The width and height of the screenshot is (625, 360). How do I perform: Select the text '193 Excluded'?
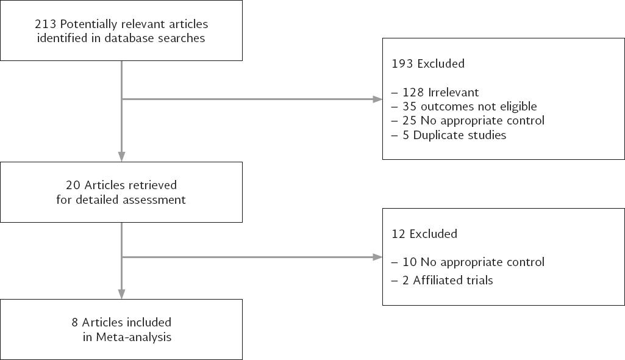click(x=428, y=63)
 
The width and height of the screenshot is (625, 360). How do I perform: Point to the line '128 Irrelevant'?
click(x=440, y=92)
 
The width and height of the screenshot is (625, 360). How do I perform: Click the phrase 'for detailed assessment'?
click(x=121, y=200)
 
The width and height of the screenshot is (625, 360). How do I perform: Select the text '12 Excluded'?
click(x=424, y=234)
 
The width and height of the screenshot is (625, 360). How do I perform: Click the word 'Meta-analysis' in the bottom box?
click(x=133, y=337)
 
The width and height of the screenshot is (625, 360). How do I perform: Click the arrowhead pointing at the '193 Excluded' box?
click(x=377, y=99)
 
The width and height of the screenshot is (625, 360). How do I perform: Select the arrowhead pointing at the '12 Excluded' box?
click(x=377, y=257)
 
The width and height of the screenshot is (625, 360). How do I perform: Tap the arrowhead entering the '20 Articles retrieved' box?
click(x=121, y=156)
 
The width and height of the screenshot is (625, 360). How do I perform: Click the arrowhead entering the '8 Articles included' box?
click(x=121, y=294)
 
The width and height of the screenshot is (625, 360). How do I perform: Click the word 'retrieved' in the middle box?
click(x=152, y=185)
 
